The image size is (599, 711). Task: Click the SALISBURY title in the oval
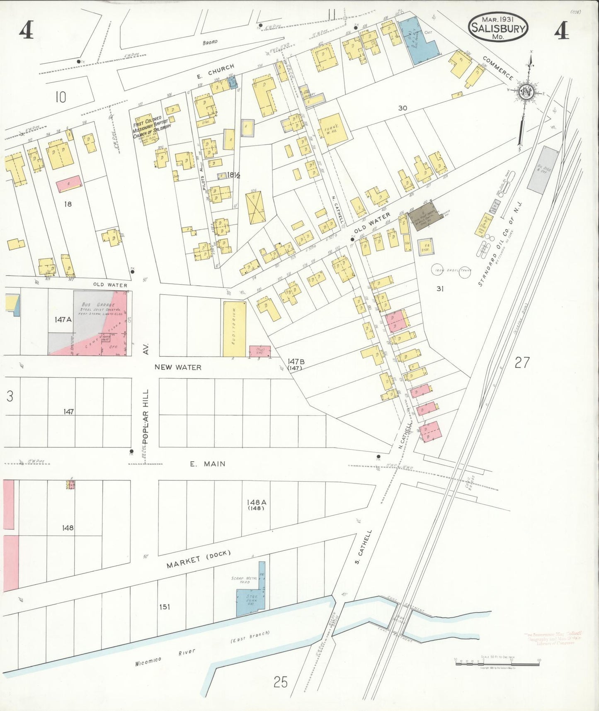(x=498, y=29)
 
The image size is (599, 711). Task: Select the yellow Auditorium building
(x=234, y=329)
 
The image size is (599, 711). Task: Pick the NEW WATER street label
(x=178, y=367)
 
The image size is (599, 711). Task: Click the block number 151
(x=164, y=607)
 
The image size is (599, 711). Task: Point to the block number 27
(x=522, y=363)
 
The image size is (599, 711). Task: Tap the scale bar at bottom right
(x=497, y=663)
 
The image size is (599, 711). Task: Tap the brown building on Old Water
(x=423, y=216)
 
